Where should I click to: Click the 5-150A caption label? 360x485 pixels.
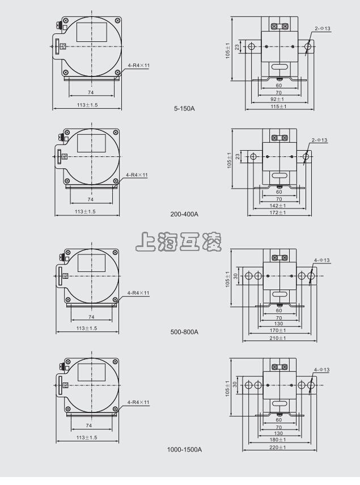coord(184,108)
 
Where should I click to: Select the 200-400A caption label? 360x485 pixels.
coord(184,214)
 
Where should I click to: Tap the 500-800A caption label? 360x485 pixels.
coord(184,331)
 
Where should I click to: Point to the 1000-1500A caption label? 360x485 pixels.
coord(184,449)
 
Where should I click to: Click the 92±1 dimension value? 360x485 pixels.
coord(278,99)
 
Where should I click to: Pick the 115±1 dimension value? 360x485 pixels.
coord(278,106)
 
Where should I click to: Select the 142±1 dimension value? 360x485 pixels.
coord(278,206)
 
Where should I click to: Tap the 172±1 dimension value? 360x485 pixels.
coord(278,212)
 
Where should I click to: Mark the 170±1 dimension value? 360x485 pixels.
coord(278,330)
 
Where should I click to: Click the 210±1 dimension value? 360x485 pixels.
coord(278,338)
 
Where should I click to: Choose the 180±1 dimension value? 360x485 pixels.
coord(278,440)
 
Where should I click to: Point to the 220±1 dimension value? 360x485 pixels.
coord(278,447)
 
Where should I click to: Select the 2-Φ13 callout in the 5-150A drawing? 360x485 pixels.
coord(323,28)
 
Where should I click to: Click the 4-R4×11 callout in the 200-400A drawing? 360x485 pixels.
coord(137,175)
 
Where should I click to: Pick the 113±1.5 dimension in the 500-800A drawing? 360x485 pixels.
coord(87,328)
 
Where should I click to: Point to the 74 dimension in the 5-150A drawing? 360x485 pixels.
coord(91,92)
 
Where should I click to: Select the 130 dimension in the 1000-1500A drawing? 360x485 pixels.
coord(278,433)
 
